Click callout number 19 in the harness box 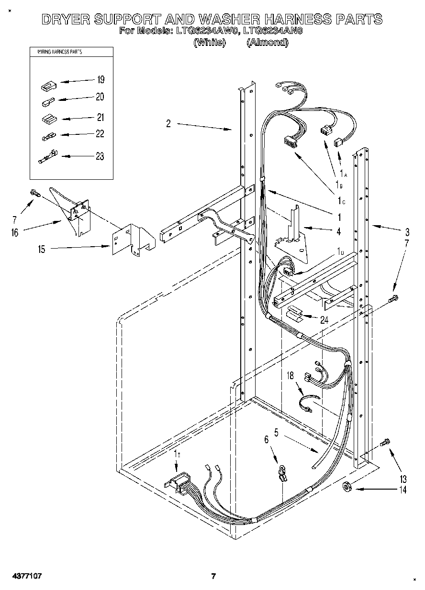click(100, 79)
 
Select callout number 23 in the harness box click(100, 156)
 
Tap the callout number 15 click(42, 249)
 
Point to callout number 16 click(15, 233)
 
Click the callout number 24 click(324, 320)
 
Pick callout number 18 click(290, 376)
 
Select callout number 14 click(403, 490)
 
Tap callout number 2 click(168, 124)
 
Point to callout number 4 click(338, 231)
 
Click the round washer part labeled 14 click(348, 488)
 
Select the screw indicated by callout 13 click(385, 443)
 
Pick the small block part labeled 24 click(294, 313)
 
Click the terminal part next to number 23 click(47, 156)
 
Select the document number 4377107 click(24, 576)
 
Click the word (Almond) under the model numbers click(267, 43)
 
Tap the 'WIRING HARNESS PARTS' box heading click(56, 52)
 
